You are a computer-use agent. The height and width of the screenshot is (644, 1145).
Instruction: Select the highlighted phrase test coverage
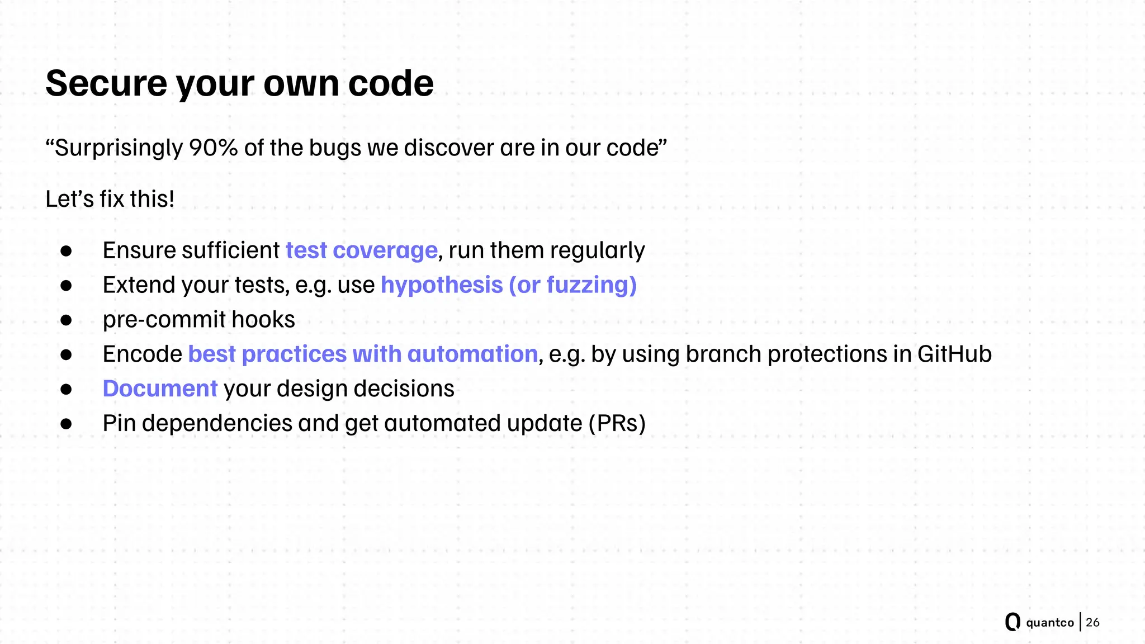[361, 250]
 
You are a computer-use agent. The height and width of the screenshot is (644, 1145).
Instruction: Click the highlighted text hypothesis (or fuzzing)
[508, 285]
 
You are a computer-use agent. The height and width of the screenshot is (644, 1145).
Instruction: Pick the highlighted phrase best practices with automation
[363, 354]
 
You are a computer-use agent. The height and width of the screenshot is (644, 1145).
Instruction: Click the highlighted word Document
[160, 389]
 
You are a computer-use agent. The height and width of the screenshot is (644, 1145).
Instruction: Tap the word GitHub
[954, 354]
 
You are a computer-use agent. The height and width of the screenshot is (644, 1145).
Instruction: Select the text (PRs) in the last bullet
[617, 424]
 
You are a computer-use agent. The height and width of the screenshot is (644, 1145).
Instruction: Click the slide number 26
[1092, 622]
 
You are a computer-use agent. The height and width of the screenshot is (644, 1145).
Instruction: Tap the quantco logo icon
[1012, 622]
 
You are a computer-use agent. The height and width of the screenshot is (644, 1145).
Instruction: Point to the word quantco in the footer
[1049, 623]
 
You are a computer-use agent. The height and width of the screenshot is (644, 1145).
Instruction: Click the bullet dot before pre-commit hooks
[67, 320]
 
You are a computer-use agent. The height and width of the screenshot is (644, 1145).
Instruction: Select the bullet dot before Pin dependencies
[67, 424]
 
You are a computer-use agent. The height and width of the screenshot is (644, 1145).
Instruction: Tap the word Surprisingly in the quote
[119, 148]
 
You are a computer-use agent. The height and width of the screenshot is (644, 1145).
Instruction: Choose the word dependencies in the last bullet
[217, 424]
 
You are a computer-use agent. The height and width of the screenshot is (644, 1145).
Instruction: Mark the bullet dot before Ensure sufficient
[67, 251]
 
